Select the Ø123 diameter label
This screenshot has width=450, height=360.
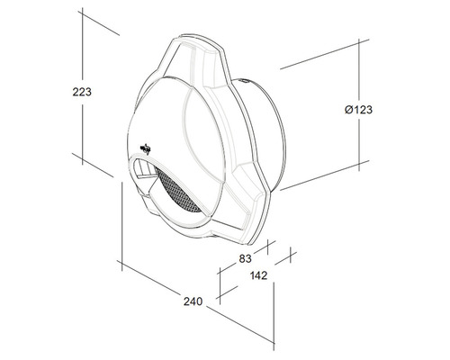(x=358, y=110)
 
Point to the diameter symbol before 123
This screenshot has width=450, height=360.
(x=347, y=110)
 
